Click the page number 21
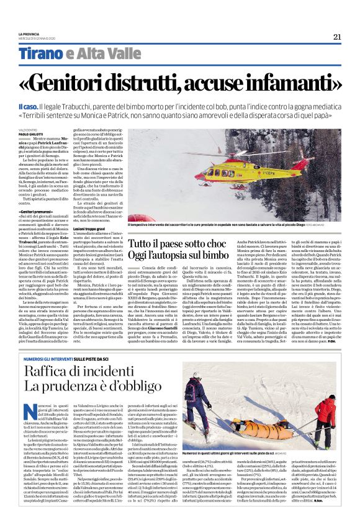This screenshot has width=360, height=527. [x=337, y=37]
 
